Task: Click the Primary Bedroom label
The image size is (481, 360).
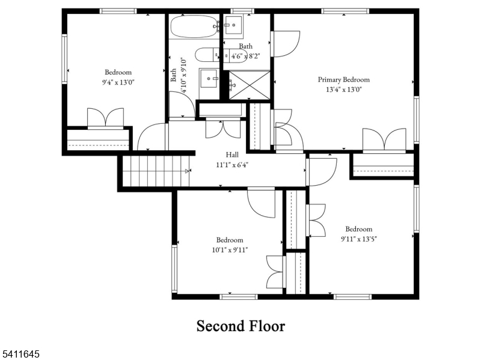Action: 343,80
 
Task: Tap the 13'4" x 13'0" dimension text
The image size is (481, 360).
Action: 343,90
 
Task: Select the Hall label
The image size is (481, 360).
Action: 232,154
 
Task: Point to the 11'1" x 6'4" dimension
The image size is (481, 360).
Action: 232,165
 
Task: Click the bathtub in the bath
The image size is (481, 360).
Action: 194,26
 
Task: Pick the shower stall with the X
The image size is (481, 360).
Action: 250,85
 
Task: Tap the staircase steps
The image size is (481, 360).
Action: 156,171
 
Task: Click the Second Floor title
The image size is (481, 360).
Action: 241,326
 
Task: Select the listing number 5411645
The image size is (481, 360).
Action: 20,354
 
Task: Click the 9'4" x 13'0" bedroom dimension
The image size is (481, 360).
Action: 118,82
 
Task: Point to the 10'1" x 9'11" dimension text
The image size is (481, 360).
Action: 230,250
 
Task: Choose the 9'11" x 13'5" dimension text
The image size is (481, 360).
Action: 358,239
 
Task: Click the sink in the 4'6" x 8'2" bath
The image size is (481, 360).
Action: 233,25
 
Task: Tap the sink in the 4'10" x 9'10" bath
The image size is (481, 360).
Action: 209,79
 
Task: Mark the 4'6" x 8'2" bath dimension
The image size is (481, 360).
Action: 246,56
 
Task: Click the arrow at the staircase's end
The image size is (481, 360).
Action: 188,171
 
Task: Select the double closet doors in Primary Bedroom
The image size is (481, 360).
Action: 384,140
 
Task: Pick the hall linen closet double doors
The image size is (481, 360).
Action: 223,128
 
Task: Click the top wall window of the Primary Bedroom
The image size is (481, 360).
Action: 345,11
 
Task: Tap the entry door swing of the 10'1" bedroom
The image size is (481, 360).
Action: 261,203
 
